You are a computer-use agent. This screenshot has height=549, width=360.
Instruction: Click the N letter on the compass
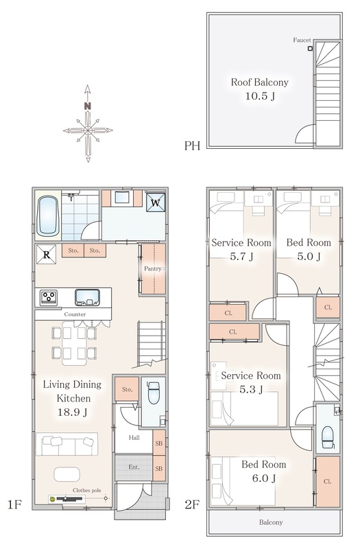(88, 106)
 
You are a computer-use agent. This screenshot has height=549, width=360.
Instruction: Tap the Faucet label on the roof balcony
(302, 40)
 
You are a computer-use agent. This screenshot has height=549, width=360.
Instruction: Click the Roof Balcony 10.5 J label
(260, 89)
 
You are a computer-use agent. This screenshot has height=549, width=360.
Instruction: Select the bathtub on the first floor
(48, 215)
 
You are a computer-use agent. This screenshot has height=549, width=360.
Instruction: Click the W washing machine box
(156, 202)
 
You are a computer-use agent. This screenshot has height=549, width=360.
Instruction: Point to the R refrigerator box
(46, 255)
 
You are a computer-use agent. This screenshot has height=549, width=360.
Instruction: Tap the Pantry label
(153, 268)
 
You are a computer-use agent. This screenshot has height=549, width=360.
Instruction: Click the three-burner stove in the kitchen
(49, 298)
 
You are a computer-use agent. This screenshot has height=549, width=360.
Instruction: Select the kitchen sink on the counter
(87, 297)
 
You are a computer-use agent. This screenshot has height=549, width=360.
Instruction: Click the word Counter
(75, 314)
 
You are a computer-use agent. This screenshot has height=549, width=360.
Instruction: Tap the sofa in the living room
(67, 444)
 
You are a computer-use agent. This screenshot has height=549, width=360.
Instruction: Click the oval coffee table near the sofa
(67, 474)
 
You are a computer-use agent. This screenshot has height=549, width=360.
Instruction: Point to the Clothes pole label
(87, 490)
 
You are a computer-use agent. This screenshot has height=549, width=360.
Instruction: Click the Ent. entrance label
(134, 467)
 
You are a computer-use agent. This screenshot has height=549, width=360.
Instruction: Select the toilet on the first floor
(154, 393)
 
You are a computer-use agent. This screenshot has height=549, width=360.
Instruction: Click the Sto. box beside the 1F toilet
(127, 389)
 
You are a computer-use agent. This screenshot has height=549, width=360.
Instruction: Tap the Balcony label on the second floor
(271, 522)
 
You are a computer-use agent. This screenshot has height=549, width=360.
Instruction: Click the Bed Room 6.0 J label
(264, 471)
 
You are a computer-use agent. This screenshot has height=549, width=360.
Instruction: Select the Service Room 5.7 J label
(241, 249)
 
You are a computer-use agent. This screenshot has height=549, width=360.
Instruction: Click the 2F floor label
(192, 504)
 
